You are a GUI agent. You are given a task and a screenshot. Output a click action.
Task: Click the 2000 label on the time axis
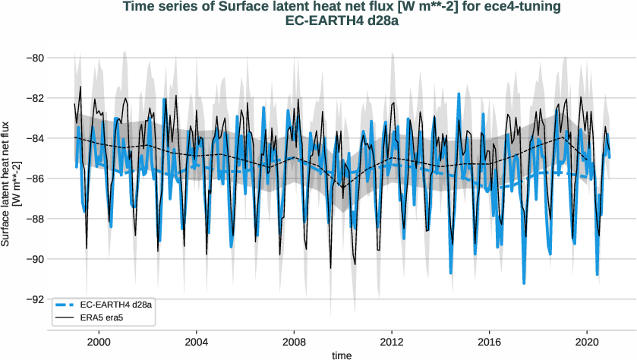coord(99,342)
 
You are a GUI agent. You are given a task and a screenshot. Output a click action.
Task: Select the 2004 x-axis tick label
coord(197,342)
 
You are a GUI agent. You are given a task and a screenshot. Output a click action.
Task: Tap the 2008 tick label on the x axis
coord(295,342)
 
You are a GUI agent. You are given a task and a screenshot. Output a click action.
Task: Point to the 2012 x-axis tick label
coord(392,342)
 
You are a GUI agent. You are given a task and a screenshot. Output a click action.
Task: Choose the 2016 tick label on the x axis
coord(490,342)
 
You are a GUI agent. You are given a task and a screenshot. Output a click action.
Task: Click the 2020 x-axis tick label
coord(588,342)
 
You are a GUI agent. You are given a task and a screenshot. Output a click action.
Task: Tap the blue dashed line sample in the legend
coord(65,304)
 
